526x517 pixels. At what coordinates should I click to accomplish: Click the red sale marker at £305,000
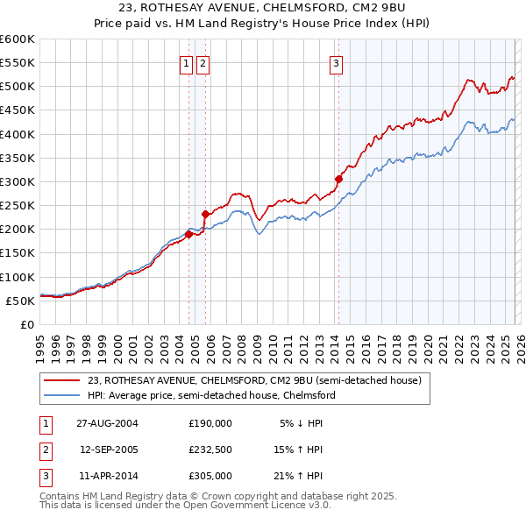tap(338, 180)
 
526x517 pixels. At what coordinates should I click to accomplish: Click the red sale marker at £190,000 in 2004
tap(188, 234)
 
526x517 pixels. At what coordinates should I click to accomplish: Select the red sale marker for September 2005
tap(205, 214)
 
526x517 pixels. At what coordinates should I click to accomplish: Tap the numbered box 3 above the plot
tap(337, 62)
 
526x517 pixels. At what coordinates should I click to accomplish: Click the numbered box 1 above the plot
tap(187, 62)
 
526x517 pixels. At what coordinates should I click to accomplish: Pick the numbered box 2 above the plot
tap(203, 62)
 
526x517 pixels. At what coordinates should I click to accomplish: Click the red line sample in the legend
tap(63, 380)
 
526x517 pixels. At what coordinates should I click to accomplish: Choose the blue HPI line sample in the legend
tap(63, 395)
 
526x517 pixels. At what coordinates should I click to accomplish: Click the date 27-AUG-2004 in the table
tap(107, 422)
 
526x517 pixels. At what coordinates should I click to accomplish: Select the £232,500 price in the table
tap(210, 450)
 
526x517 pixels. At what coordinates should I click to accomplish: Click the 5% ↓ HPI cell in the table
tap(301, 422)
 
